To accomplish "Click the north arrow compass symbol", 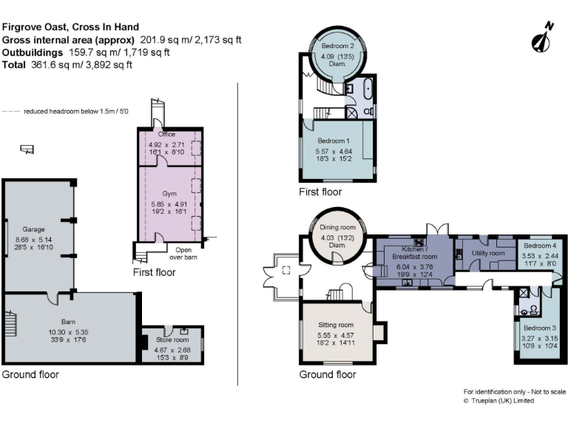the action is (x=542, y=38).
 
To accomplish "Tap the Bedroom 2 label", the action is (x=337, y=46).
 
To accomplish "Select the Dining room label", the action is (x=337, y=228).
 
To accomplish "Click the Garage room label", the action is (x=34, y=229).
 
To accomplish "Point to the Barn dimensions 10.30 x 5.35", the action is (x=69, y=332).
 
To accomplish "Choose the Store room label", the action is (x=172, y=339).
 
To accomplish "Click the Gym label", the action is (x=169, y=194).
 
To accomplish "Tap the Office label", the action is (x=166, y=135).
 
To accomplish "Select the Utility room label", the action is (x=488, y=253).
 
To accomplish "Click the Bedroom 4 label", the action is (x=540, y=246).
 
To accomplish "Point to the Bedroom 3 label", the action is (x=540, y=328).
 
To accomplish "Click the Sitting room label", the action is (x=336, y=325).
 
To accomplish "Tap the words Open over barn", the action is (x=183, y=254).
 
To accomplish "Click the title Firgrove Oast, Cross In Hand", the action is (x=71, y=27).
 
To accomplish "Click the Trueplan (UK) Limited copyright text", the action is (x=498, y=401).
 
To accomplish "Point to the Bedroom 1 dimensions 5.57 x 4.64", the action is (x=334, y=152).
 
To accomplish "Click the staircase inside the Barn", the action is (x=11, y=323).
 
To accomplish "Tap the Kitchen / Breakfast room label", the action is (x=415, y=253).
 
